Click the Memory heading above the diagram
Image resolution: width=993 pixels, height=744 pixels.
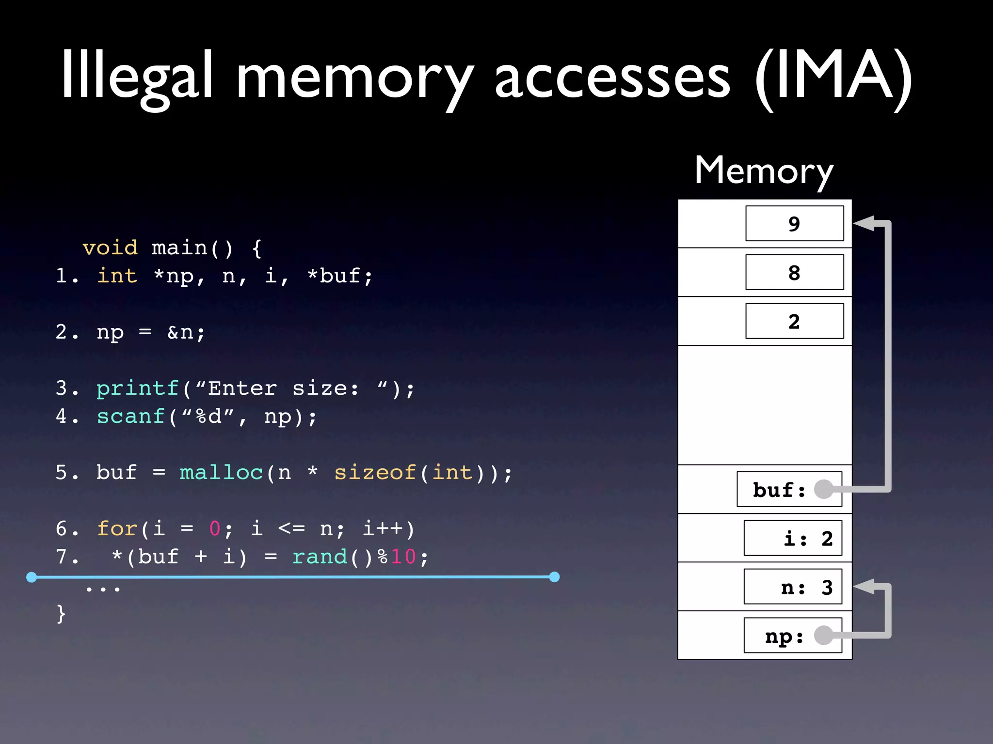tap(764, 170)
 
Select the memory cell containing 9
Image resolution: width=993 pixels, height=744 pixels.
tap(794, 223)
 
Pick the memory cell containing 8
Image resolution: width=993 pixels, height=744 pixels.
tap(794, 272)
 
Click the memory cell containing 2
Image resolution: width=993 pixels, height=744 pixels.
tap(794, 321)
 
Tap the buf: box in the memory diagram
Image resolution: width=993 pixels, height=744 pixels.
tap(789, 489)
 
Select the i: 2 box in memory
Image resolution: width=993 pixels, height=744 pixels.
tap(793, 538)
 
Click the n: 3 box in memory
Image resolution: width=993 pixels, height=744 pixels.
tap(793, 587)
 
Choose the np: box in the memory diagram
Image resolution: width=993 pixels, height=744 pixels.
tap(793, 635)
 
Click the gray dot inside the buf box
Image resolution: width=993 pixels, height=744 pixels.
tap(823, 489)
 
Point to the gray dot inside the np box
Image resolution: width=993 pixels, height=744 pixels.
tap(823, 635)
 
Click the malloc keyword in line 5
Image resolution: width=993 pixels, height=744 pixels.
tap(221, 472)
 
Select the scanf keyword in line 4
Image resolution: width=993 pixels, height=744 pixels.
tap(131, 416)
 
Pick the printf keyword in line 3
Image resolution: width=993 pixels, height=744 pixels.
tap(138, 388)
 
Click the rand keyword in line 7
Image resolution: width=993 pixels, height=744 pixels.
tap(320, 557)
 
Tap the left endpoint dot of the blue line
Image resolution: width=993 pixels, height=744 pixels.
tap(32, 577)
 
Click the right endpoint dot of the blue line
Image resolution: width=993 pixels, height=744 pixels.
tap(555, 577)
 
